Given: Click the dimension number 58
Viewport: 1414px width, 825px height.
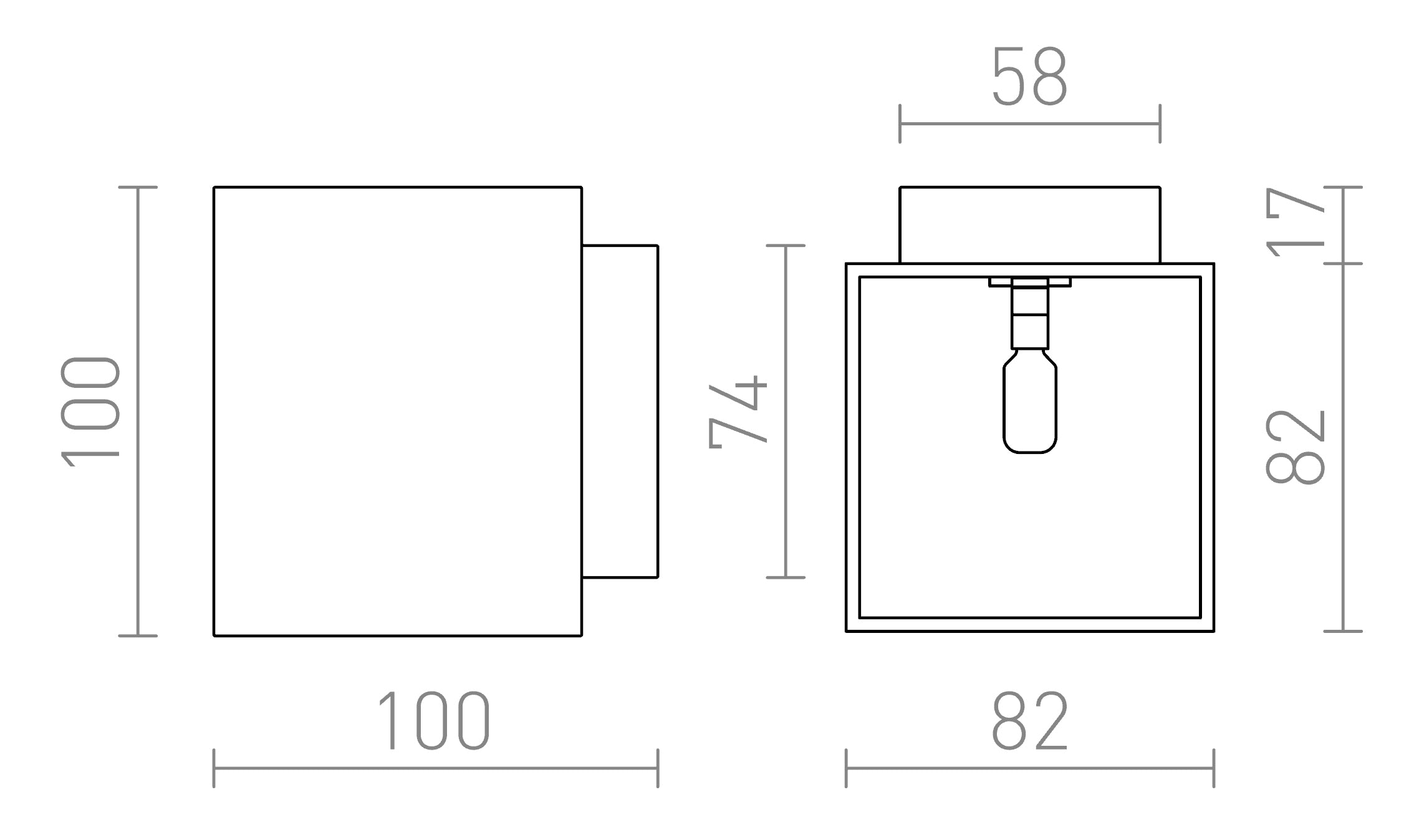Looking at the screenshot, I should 1029,77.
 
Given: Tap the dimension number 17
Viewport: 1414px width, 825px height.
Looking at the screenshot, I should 1296,223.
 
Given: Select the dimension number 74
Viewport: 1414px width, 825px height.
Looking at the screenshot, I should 738,412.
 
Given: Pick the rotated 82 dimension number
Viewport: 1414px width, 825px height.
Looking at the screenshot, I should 1296,446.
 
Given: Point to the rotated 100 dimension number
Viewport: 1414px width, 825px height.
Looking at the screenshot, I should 90,412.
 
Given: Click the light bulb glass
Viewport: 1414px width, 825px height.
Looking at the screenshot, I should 1029,408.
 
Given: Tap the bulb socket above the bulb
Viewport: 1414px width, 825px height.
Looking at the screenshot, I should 1029,315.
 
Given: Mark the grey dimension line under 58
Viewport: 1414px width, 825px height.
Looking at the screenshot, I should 1029,124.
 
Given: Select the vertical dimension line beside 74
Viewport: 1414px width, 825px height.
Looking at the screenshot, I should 786,412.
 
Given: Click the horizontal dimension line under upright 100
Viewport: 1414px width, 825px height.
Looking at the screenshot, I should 435,768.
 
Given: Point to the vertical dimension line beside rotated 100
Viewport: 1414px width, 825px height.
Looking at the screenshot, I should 138,412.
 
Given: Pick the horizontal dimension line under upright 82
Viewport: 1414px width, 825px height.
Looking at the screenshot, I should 1029,768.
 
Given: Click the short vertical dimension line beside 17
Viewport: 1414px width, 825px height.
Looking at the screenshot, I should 1342,225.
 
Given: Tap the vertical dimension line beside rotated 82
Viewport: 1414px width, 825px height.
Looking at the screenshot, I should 1342,447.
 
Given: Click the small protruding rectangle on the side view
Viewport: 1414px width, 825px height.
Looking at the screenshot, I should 620,412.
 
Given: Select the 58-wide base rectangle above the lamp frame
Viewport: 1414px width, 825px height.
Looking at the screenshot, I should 1029,225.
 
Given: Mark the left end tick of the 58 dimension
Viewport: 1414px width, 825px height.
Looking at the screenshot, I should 900,124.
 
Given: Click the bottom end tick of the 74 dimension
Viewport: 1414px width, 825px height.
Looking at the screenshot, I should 786,577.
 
